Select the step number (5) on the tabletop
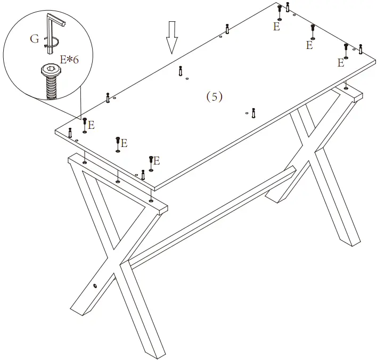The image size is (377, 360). (x=214, y=96)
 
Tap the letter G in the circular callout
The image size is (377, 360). (x=35, y=38)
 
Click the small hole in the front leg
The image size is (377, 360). (x=95, y=286)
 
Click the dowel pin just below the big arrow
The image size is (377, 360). (x=181, y=70)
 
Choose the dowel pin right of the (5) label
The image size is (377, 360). (x=253, y=112)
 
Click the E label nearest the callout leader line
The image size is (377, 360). (x=91, y=125)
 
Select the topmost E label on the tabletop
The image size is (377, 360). (x=276, y=27)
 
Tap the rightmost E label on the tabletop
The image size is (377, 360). (x=340, y=63)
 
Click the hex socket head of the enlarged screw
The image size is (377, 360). (x=51, y=69)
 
